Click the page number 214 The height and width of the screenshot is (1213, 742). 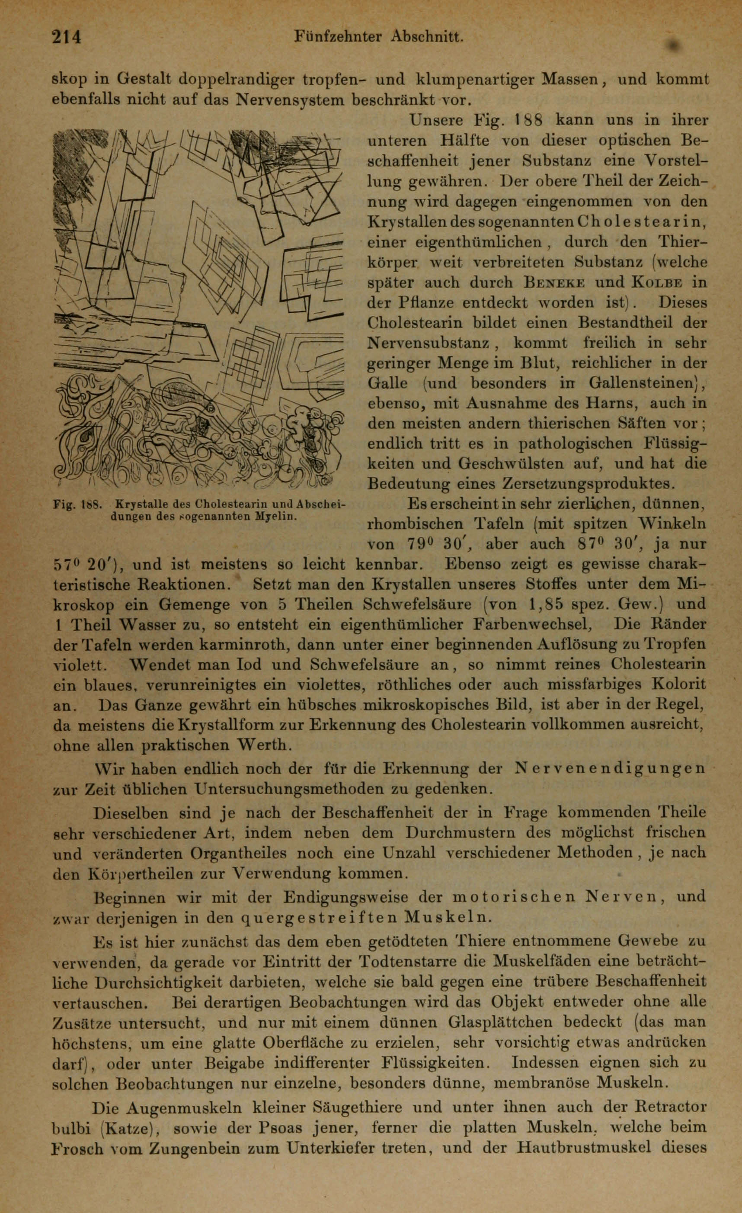tap(67, 37)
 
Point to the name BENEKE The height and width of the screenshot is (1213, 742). tap(554, 283)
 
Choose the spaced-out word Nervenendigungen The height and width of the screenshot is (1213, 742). tap(609, 768)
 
